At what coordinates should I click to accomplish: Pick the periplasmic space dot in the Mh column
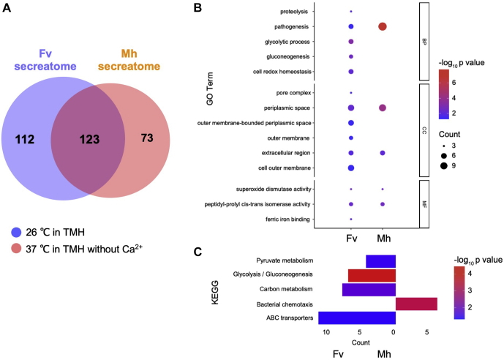(x=383, y=108)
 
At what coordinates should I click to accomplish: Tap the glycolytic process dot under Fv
(x=351, y=42)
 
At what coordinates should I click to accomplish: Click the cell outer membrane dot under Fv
(x=351, y=168)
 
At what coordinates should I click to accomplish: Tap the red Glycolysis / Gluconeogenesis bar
(x=372, y=275)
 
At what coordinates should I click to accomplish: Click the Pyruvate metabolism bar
(x=380, y=261)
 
